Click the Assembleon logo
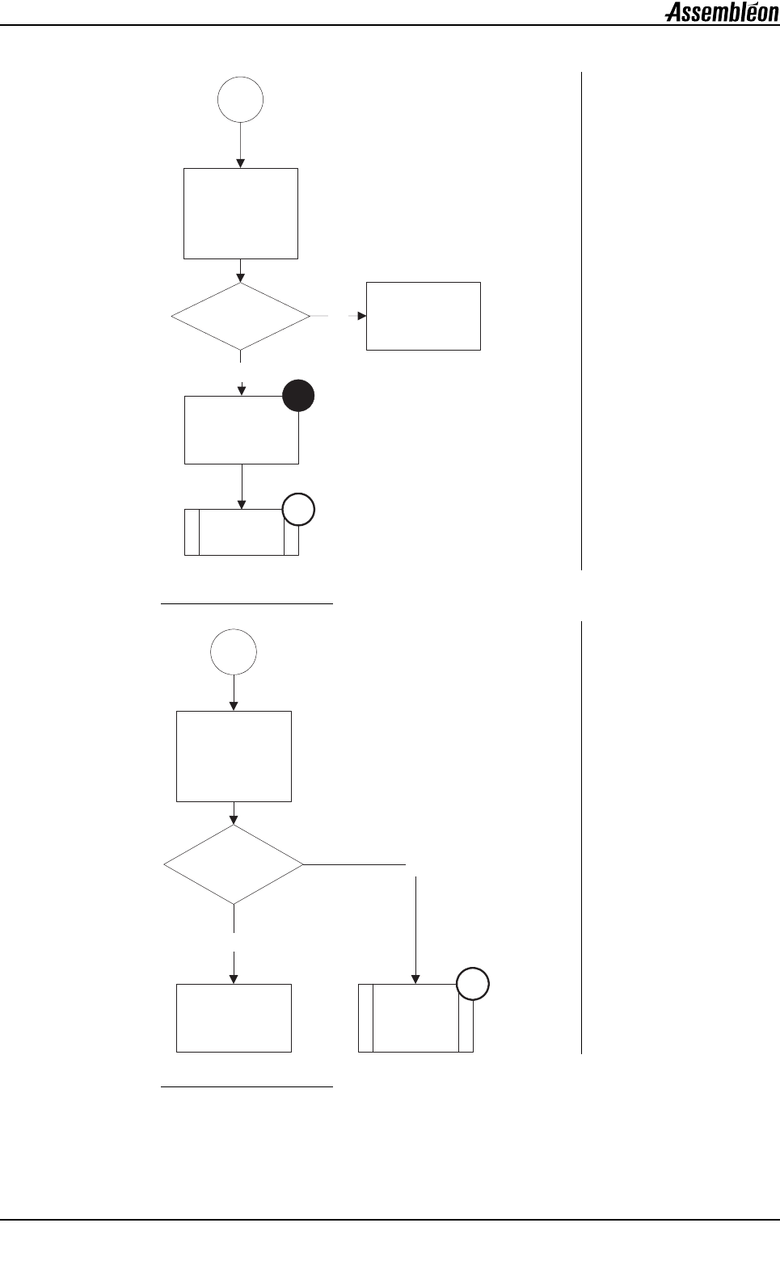point(722,13)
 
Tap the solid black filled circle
point(298,397)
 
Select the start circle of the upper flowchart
point(240,100)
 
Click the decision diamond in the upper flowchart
point(241,316)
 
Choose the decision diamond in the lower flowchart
point(234,864)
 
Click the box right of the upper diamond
point(424,316)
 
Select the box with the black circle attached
point(241,430)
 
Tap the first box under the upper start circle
point(241,213)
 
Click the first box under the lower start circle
point(234,756)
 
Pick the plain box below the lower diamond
point(234,1018)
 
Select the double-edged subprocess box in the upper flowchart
point(241,532)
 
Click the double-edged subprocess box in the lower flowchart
point(415,1018)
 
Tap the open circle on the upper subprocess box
point(298,511)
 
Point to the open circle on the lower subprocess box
point(473,985)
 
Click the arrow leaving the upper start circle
point(240,145)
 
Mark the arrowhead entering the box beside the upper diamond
point(361,316)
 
